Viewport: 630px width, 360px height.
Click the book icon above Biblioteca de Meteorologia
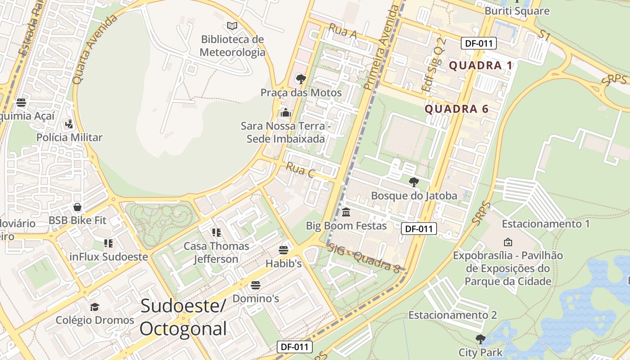click(232, 26)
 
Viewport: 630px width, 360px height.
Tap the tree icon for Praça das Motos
click(301, 80)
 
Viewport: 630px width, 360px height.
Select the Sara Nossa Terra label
click(286, 132)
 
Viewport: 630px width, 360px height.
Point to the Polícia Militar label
click(69, 137)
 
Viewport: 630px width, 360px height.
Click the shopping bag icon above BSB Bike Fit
click(77, 207)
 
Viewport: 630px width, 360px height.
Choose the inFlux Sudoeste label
click(108, 256)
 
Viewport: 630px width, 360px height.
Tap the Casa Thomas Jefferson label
click(216, 252)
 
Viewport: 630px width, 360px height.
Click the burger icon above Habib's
click(283, 250)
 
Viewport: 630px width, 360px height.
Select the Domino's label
click(256, 298)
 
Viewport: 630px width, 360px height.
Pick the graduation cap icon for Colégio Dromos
click(94, 307)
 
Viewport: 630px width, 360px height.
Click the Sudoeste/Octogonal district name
click(183, 317)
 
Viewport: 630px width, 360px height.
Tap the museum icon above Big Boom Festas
click(346, 212)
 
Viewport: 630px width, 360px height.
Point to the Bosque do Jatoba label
click(414, 195)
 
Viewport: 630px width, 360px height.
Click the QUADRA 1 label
click(481, 66)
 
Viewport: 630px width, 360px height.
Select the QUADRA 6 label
click(457, 109)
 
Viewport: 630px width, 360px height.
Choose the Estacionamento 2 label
click(452, 315)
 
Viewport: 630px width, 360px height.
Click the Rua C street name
click(300, 170)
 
